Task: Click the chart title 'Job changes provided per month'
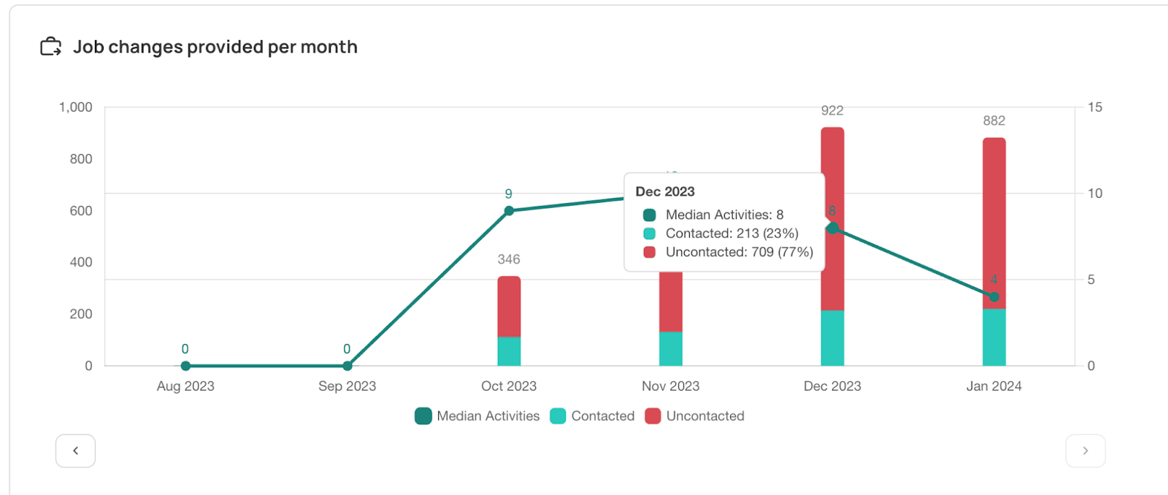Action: tap(215, 47)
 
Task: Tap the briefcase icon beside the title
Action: tap(50, 47)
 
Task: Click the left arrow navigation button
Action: tap(75, 450)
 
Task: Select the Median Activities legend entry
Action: tap(477, 416)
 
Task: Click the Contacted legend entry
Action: tap(592, 416)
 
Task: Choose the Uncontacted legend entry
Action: tap(695, 416)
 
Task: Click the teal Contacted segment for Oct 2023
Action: tap(509, 351)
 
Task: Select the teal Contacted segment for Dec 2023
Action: tap(832, 338)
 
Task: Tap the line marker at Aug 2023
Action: tap(185, 366)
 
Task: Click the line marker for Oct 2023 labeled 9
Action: tap(509, 210)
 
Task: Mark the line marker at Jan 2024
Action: tap(994, 296)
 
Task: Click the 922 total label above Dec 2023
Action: tap(832, 111)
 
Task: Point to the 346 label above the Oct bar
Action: tap(509, 259)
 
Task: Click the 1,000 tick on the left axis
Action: tap(76, 107)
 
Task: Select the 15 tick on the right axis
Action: tap(1094, 107)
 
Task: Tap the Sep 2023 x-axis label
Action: tap(347, 386)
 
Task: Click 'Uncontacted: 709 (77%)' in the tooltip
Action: tap(739, 252)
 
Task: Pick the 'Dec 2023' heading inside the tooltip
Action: tap(665, 191)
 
